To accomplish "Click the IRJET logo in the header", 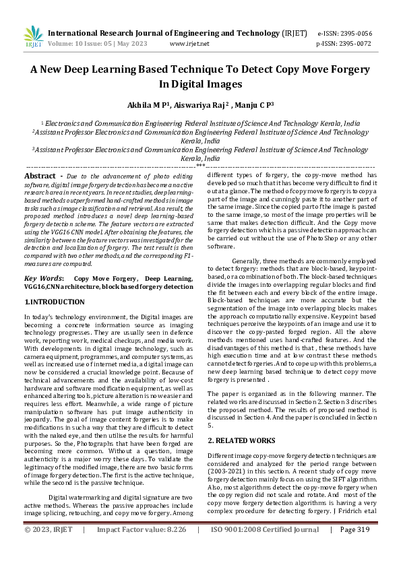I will (x=32, y=36).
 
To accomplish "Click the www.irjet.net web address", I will (x=193, y=43).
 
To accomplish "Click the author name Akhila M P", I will (x=149, y=105).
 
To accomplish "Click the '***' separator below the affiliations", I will (x=200, y=165).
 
